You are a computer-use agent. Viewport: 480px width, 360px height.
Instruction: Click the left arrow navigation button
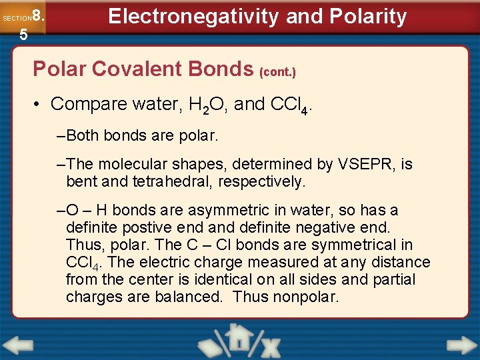(17, 345)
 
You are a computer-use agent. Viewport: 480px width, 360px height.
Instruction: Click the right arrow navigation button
(461, 345)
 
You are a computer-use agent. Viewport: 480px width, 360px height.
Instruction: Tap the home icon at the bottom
(238, 338)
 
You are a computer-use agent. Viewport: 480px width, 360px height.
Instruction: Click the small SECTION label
(16, 19)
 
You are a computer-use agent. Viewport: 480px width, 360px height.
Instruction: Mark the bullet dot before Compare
(40, 105)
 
